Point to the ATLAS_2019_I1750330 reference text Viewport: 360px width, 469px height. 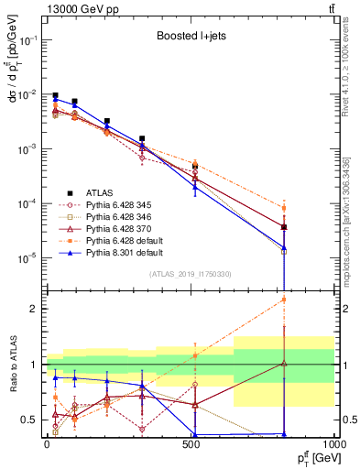pos(190,274)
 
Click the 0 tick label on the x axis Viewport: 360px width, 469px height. pos(47,443)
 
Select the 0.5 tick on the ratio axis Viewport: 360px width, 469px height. pos(33,420)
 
